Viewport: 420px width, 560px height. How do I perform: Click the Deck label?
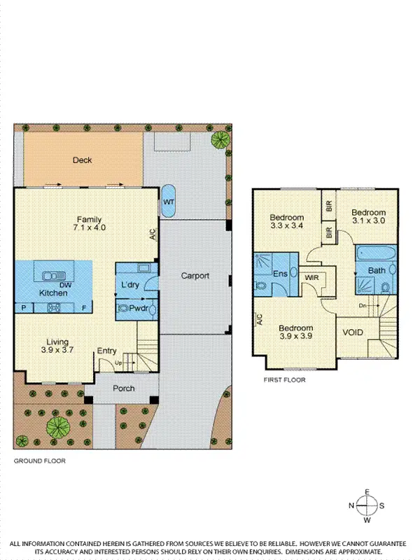pos(83,160)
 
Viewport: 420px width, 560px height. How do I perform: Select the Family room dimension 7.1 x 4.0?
pos(89,227)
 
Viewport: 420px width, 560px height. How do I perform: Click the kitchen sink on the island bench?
pos(52,275)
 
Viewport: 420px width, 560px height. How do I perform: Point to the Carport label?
pos(195,276)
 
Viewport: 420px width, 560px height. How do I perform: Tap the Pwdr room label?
pos(137,307)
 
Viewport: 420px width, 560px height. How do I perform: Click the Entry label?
pos(107,351)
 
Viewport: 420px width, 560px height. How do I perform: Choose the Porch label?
pos(123,388)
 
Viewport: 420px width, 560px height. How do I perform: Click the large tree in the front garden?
pos(57,425)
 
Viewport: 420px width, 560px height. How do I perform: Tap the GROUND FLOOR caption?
pos(40,461)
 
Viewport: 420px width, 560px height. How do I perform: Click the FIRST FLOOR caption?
pos(283,380)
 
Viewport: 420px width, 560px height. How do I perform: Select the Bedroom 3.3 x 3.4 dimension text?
pos(287,226)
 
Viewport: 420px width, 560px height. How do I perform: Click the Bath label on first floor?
pos(377,270)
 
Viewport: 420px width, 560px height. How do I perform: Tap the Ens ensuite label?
pos(280,274)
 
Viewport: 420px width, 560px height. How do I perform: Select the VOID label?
pos(353,332)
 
